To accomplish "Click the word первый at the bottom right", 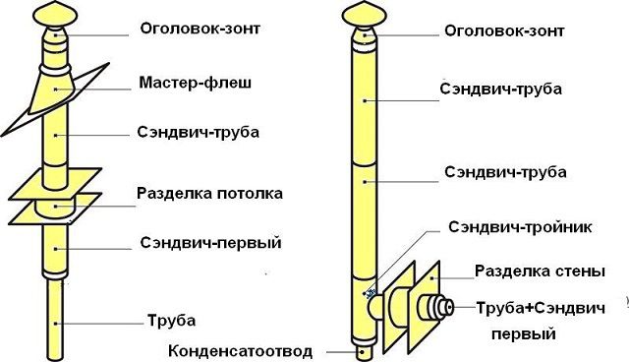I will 523,334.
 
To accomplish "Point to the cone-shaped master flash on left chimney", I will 58,93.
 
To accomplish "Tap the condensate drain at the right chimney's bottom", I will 364,348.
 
